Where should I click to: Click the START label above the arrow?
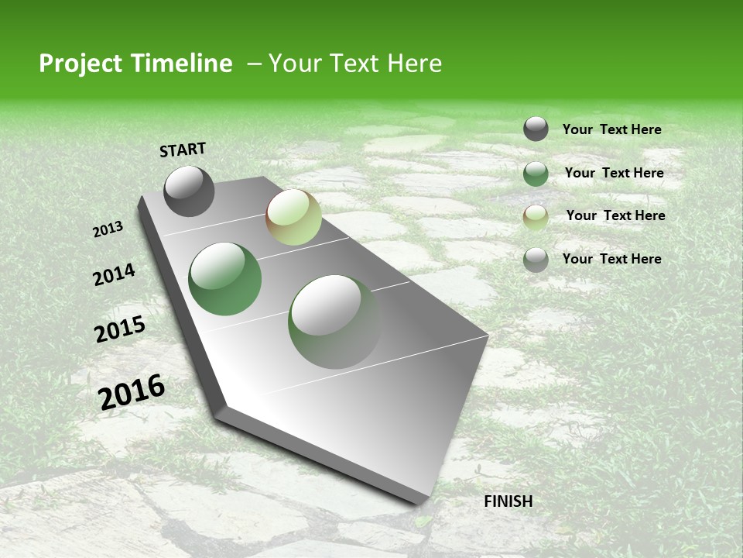pos(183,150)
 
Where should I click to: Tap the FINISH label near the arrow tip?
pos(508,501)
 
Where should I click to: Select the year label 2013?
pos(108,229)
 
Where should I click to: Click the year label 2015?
pos(120,330)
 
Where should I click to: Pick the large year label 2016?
pos(132,392)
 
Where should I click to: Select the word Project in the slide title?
pos(80,64)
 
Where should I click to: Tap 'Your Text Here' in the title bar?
pos(354,64)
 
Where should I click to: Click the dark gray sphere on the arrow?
pos(189,191)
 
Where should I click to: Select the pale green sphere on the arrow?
pos(293,217)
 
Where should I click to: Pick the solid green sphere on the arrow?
pos(225,279)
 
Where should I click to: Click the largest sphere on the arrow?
pos(334,322)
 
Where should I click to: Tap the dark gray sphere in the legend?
pos(536,129)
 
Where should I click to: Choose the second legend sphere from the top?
pos(536,174)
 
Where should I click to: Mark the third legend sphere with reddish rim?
pos(536,218)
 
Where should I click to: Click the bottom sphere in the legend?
pos(536,260)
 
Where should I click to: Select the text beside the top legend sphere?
pos(611,129)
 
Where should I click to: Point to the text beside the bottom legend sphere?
pos(611,259)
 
